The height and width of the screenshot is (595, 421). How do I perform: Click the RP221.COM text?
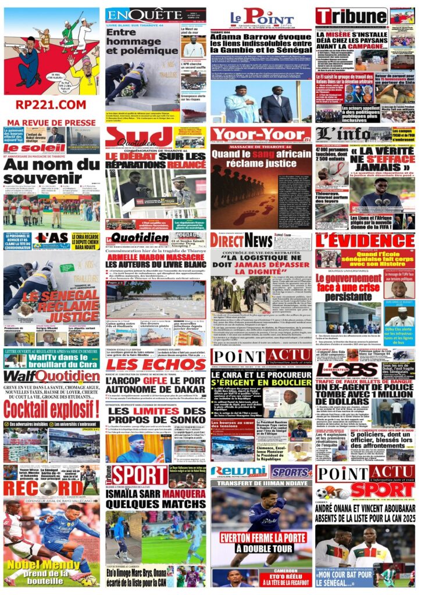tap(51, 105)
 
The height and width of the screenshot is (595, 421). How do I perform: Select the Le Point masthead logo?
tap(262, 17)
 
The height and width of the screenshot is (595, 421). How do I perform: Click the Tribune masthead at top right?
tap(351, 16)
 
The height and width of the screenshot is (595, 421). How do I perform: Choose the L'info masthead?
tap(342, 134)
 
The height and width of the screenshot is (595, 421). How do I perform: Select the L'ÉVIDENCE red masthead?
tap(365, 241)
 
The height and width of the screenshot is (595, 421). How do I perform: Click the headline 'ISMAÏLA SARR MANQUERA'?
tap(156, 496)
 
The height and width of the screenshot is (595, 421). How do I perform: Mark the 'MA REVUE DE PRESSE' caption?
tap(51, 123)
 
